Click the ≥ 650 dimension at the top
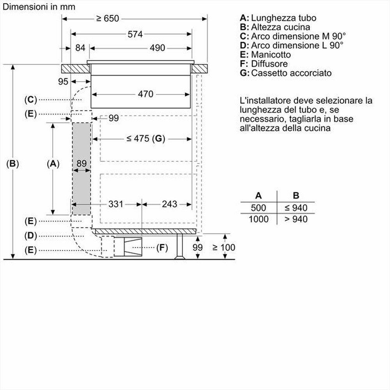click(x=108, y=18)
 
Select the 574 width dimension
click(x=135, y=34)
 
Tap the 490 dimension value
click(x=158, y=48)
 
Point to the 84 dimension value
click(x=80, y=48)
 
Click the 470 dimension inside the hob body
click(x=145, y=94)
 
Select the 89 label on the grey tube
click(x=81, y=164)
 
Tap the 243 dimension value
click(x=169, y=204)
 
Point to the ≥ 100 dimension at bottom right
click(x=224, y=247)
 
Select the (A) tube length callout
click(x=53, y=164)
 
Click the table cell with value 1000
click(x=258, y=219)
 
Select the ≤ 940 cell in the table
click(x=296, y=207)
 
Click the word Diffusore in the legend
click(x=269, y=64)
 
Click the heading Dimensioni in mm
click(x=39, y=7)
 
